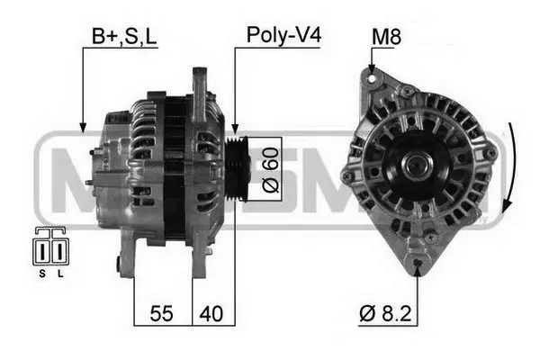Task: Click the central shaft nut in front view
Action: coord(418,165)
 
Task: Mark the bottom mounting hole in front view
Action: coord(418,265)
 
